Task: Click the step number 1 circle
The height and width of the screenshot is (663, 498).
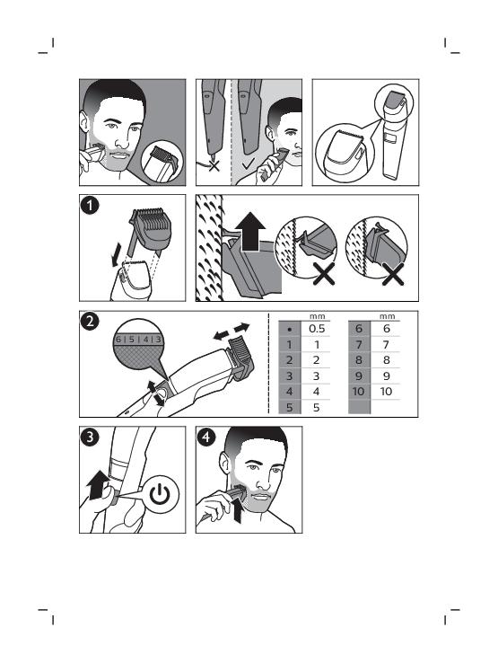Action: [90, 206]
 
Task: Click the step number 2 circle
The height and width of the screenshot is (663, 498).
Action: [90, 322]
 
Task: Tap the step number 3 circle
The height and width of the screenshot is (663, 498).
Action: [90, 437]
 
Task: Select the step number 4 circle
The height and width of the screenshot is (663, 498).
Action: [206, 437]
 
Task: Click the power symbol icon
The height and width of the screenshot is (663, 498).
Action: [161, 494]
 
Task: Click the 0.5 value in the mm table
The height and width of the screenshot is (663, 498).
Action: [317, 329]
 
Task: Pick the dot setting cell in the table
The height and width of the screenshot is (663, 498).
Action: [289, 329]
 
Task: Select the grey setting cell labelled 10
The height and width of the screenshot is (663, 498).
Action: [359, 392]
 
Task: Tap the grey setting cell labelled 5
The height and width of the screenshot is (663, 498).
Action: [289, 407]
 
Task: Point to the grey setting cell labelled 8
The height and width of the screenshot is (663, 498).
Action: [359, 360]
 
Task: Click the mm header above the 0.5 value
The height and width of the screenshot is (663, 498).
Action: [318, 317]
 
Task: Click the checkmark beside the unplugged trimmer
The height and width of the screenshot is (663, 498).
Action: [249, 163]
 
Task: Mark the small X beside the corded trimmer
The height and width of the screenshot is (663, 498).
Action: [214, 165]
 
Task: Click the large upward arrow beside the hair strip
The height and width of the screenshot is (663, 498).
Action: [250, 231]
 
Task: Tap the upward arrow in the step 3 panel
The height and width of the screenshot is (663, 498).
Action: [97, 484]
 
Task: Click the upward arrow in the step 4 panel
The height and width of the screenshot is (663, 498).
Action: [238, 509]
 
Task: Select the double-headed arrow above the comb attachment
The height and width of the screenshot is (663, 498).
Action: [232, 331]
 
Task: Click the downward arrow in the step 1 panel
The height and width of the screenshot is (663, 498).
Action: [116, 255]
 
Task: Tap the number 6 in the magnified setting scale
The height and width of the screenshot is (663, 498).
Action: [118, 339]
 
